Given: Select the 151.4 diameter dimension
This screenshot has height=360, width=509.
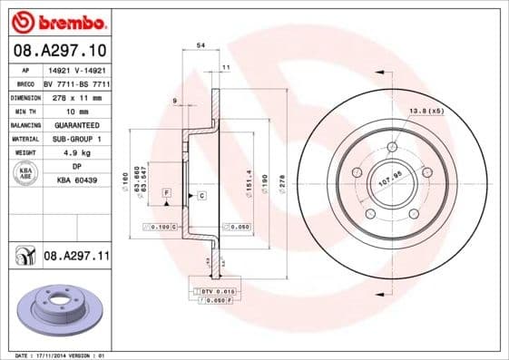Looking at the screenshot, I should [x=249, y=178].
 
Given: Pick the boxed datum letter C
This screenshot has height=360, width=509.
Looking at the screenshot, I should [x=201, y=196].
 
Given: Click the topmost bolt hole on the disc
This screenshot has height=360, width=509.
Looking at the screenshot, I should [x=392, y=147].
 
